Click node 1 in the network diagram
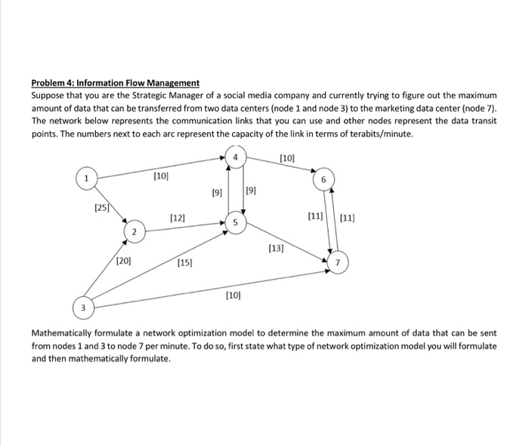(x=88, y=178)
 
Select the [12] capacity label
(x=178, y=218)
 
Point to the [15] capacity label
(x=185, y=262)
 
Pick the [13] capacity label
(x=277, y=247)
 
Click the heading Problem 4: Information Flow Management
(x=116, y=82)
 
